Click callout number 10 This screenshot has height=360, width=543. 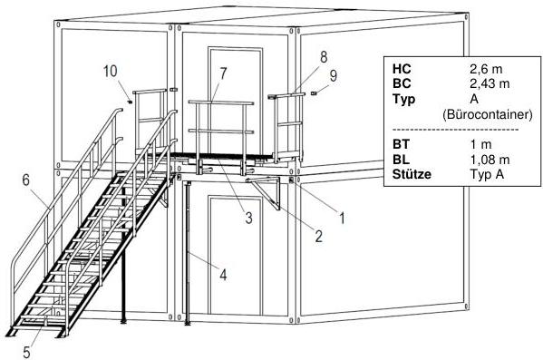[x=111, y=71]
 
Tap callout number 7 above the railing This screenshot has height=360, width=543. [x=223, y=73]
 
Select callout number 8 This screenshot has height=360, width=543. [x=324, y=57]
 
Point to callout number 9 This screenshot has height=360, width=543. [x=333, y=75]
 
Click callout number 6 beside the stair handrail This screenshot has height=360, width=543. [x=26, y=180]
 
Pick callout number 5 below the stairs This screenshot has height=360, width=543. [x=26, y=352]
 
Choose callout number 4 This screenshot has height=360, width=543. [x=223, y=275]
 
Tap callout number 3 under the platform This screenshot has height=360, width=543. [x=248, y=218]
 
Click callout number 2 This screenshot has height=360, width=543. [x=318, y=236]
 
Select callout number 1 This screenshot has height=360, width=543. [x=342, y=218]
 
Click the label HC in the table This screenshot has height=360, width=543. [x=402, y=69]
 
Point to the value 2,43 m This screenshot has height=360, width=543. [x=490, y=83]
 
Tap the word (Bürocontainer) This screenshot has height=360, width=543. [x=487, y=114]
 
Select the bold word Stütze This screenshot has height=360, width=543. [x=412, y=173]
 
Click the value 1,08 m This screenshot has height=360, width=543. [x=490, y=160]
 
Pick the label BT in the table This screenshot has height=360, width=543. [x=401, y=144]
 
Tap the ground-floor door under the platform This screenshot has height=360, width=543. [x=235, y=256]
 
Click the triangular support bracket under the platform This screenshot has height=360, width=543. [x=267, y=192]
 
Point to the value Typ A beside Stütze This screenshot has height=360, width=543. [x=487, y=174]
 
